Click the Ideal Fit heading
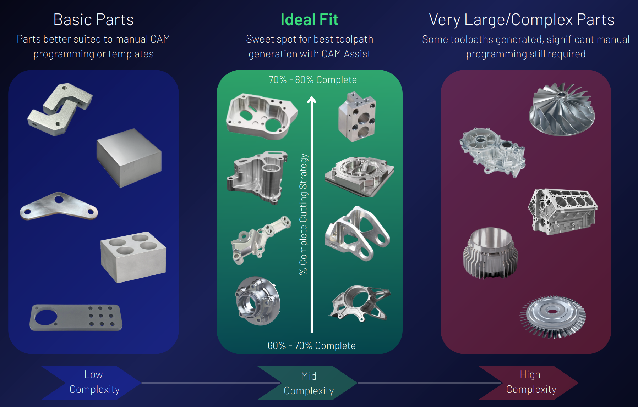(x=309, y=19)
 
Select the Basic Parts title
(x=93, y=19)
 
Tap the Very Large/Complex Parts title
(x=522, y=20)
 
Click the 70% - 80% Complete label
(x=312, y=80)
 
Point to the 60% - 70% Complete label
(x=312, y=346)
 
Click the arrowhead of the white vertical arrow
(x=312, y=100)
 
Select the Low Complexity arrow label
(x=94, y=382)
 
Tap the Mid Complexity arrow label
(x=309, y=383)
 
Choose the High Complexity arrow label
(x=531, y=382)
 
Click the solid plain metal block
(x=129, y=158)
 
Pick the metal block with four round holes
(x=133, y=257)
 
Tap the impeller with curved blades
(x=562, y=109)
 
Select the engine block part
(x=563, y=212)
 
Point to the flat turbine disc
(x=552, y=317)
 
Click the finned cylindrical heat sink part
(x=490, y=253)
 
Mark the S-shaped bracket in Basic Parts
(x=60, y=109)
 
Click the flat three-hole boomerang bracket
(x=59, y=207)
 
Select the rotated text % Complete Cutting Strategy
(x=303, y=214)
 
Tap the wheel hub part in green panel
(x=258, y=301)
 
